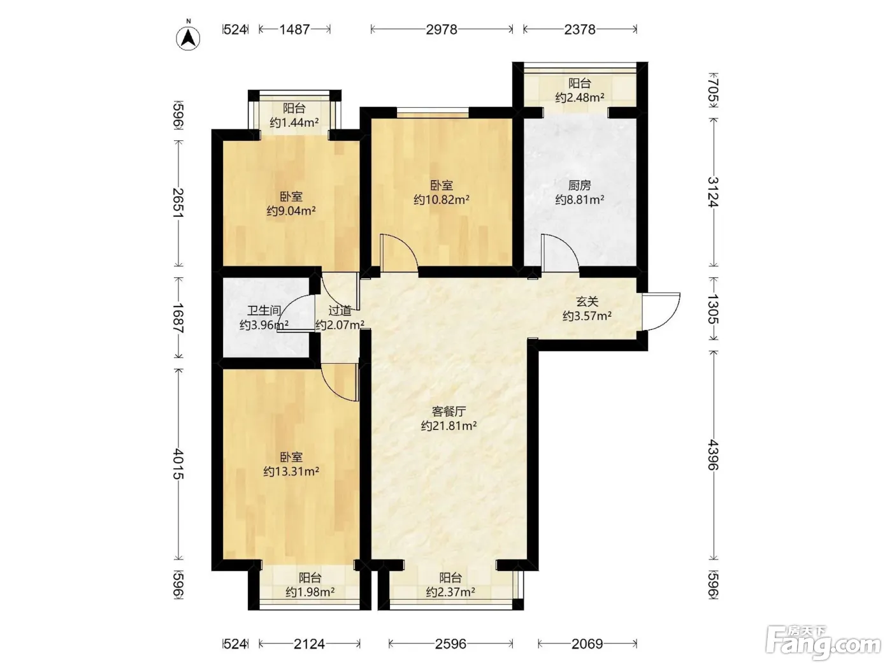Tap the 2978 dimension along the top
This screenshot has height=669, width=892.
click(442, 29)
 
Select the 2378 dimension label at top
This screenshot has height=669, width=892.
click(580, 29)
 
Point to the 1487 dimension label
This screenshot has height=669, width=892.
click(294, 29)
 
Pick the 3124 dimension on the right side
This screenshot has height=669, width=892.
click(713, 192)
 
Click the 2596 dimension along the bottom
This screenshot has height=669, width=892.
click(450, 644)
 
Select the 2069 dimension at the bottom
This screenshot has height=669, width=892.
click(587, 644)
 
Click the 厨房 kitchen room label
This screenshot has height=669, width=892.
click(580, 185)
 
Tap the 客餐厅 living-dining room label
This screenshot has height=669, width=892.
click(449, 412)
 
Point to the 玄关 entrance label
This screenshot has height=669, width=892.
click(587, 301)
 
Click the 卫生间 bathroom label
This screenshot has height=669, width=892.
click(264, 311)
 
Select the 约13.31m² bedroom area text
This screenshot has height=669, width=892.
click(291, 471)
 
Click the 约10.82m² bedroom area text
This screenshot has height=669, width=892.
click(442, 199)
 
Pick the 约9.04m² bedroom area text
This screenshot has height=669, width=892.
click(291, 211)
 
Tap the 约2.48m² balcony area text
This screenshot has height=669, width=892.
click(580, 97)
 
